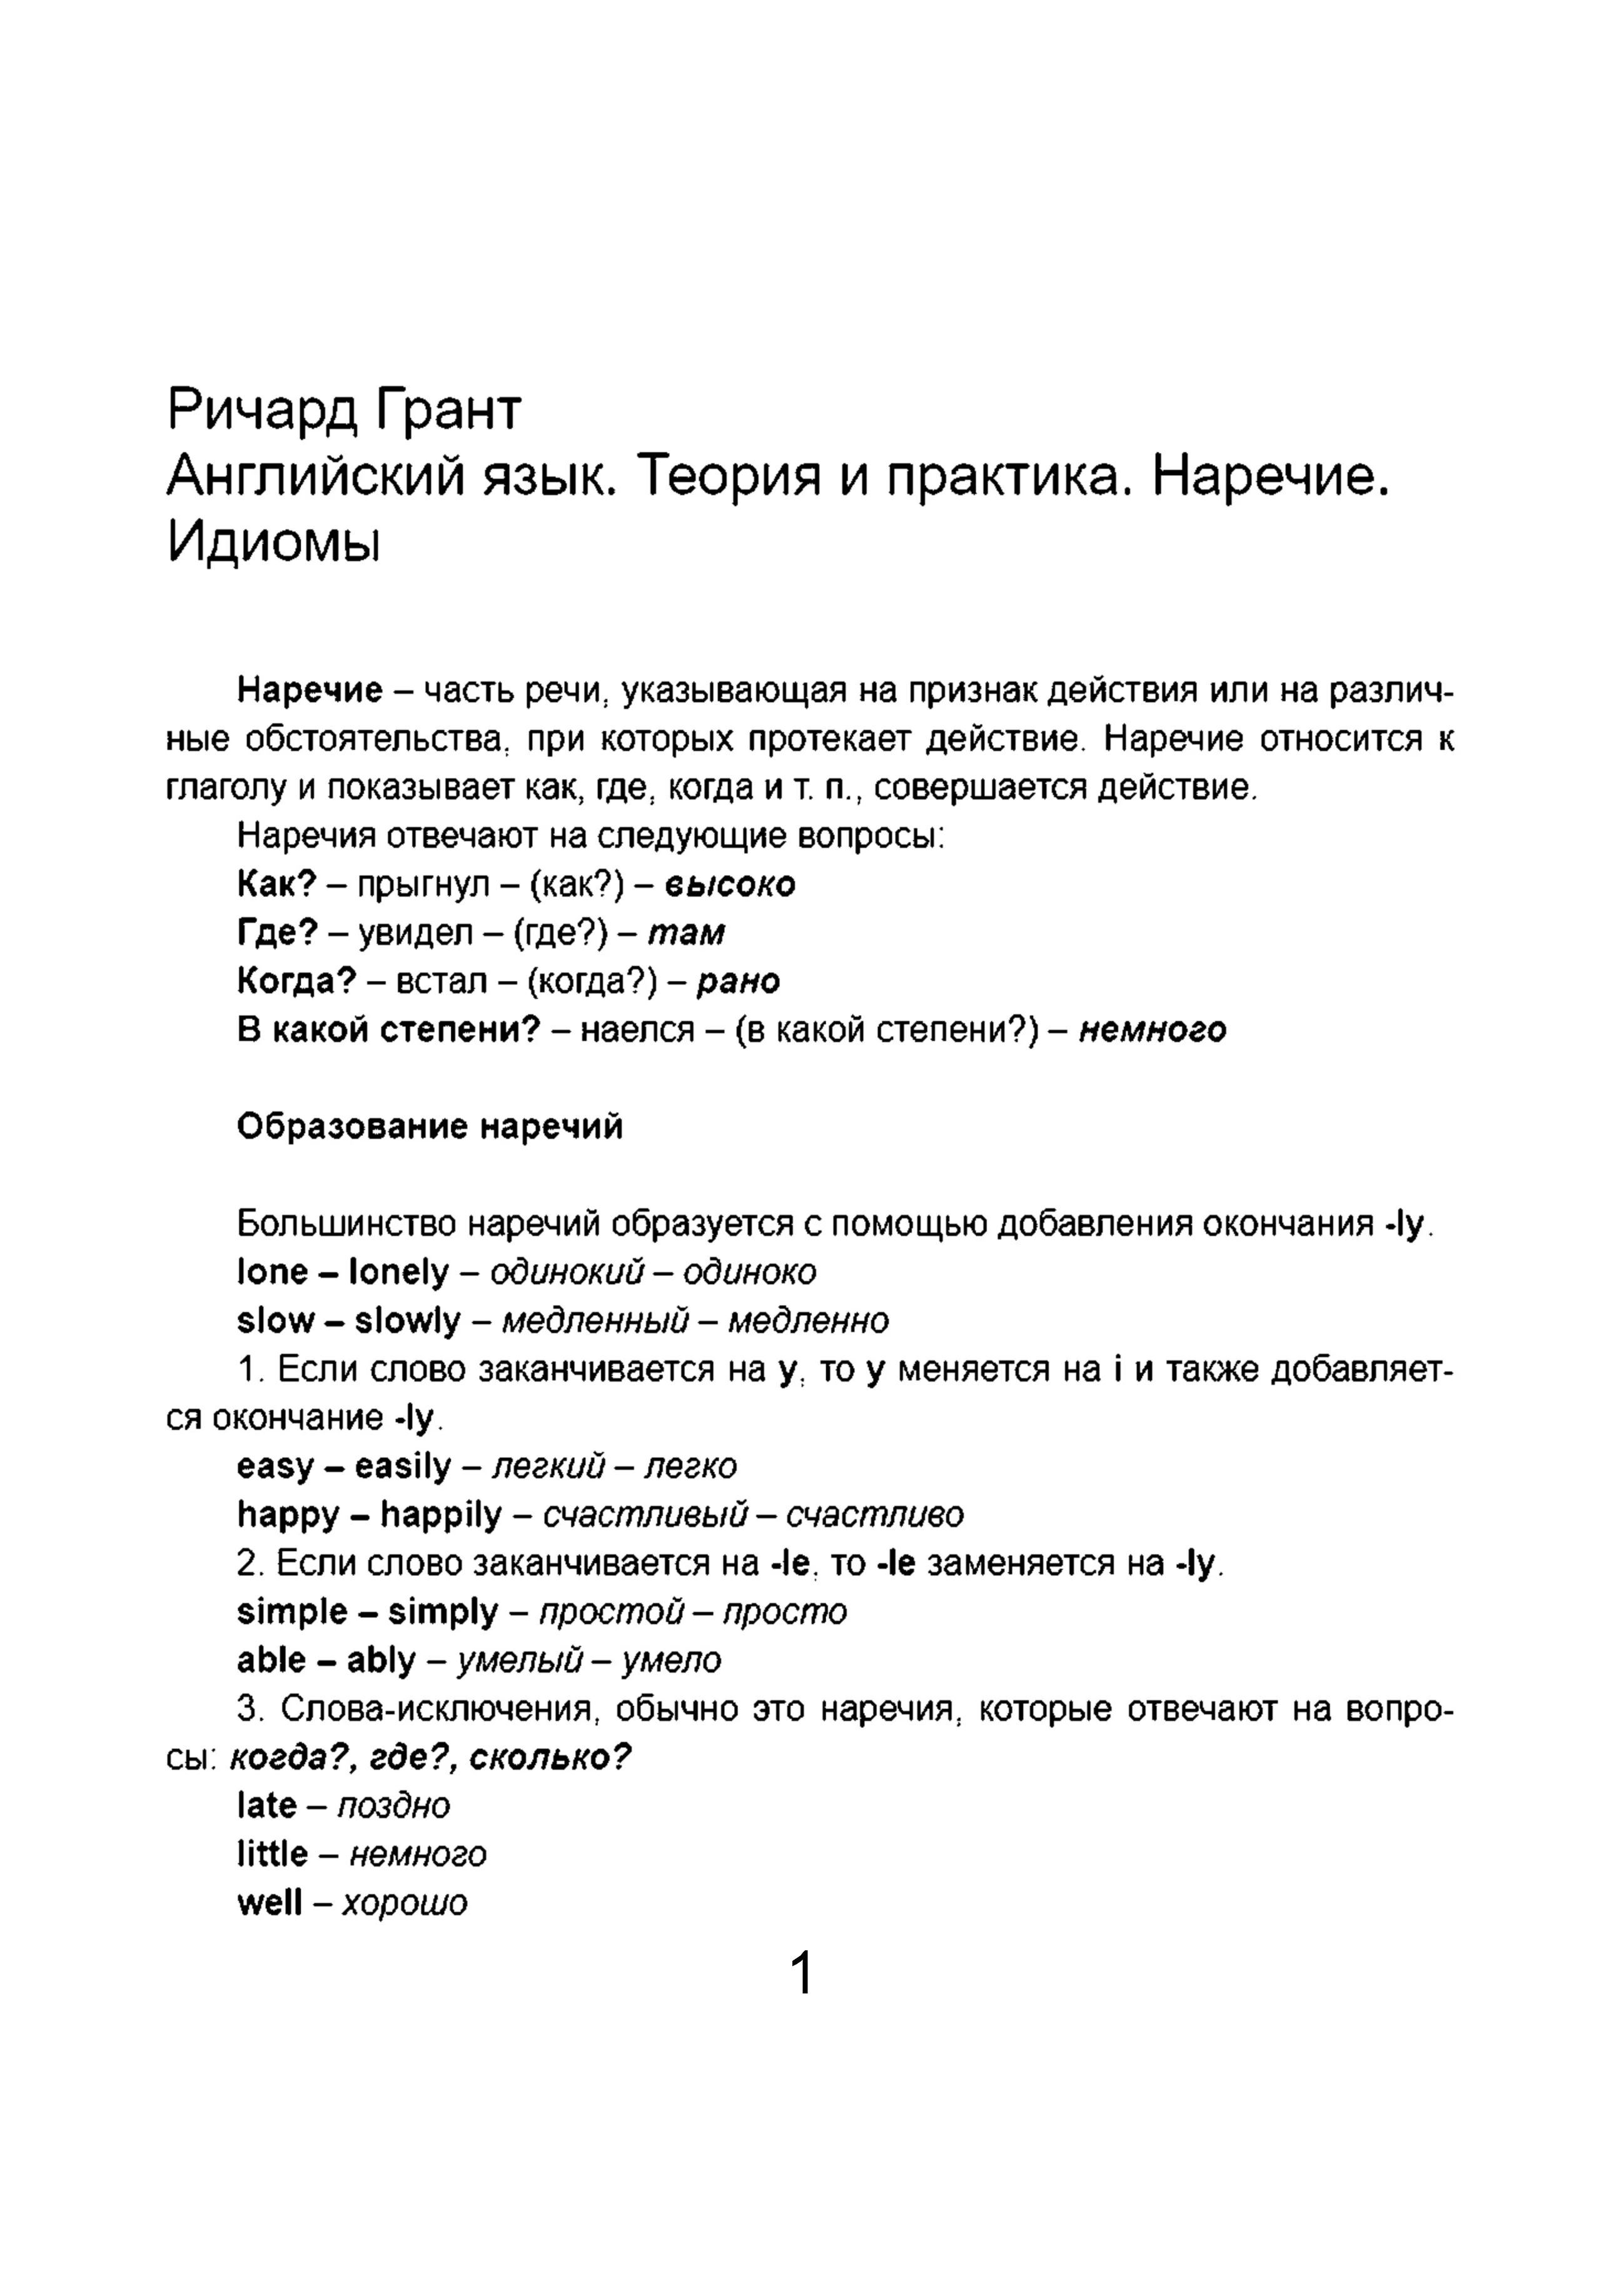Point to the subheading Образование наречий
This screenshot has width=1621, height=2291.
[x=430, y=1126]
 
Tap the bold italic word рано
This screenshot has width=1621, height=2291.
[x=737, y=982]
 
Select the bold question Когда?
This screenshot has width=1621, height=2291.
[x=296, y=982]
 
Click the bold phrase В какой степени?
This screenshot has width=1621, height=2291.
[x=388, y=1030]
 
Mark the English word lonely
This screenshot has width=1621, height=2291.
[x=398, y=1272]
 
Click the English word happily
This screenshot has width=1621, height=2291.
[x=440, y=1516]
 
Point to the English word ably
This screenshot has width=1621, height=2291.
[x=380, y=1662]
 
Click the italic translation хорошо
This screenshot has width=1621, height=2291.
[x=404, y=1904]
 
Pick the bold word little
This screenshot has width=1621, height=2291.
[x=271, y=1855]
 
